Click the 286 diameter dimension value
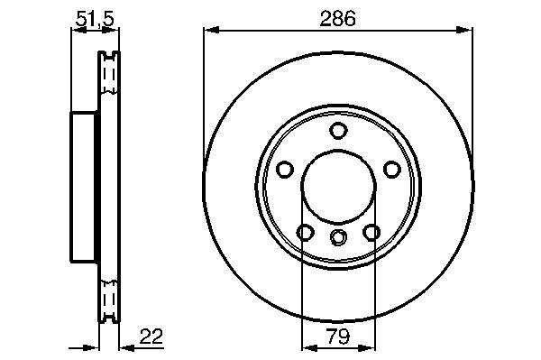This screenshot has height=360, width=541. (337, 19)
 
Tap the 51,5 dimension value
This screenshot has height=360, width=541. (95, 19)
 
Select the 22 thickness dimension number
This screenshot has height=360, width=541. (151, 336)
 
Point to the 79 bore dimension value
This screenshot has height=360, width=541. (338, 336)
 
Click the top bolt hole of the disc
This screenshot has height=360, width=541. (338, 131)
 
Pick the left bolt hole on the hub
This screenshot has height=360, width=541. (285, 170)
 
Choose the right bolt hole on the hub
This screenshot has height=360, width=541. (392, 170)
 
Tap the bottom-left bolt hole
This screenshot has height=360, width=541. (306, 232)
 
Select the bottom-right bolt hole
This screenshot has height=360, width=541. (371, 232)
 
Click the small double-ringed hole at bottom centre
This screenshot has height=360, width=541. (338, 236)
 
